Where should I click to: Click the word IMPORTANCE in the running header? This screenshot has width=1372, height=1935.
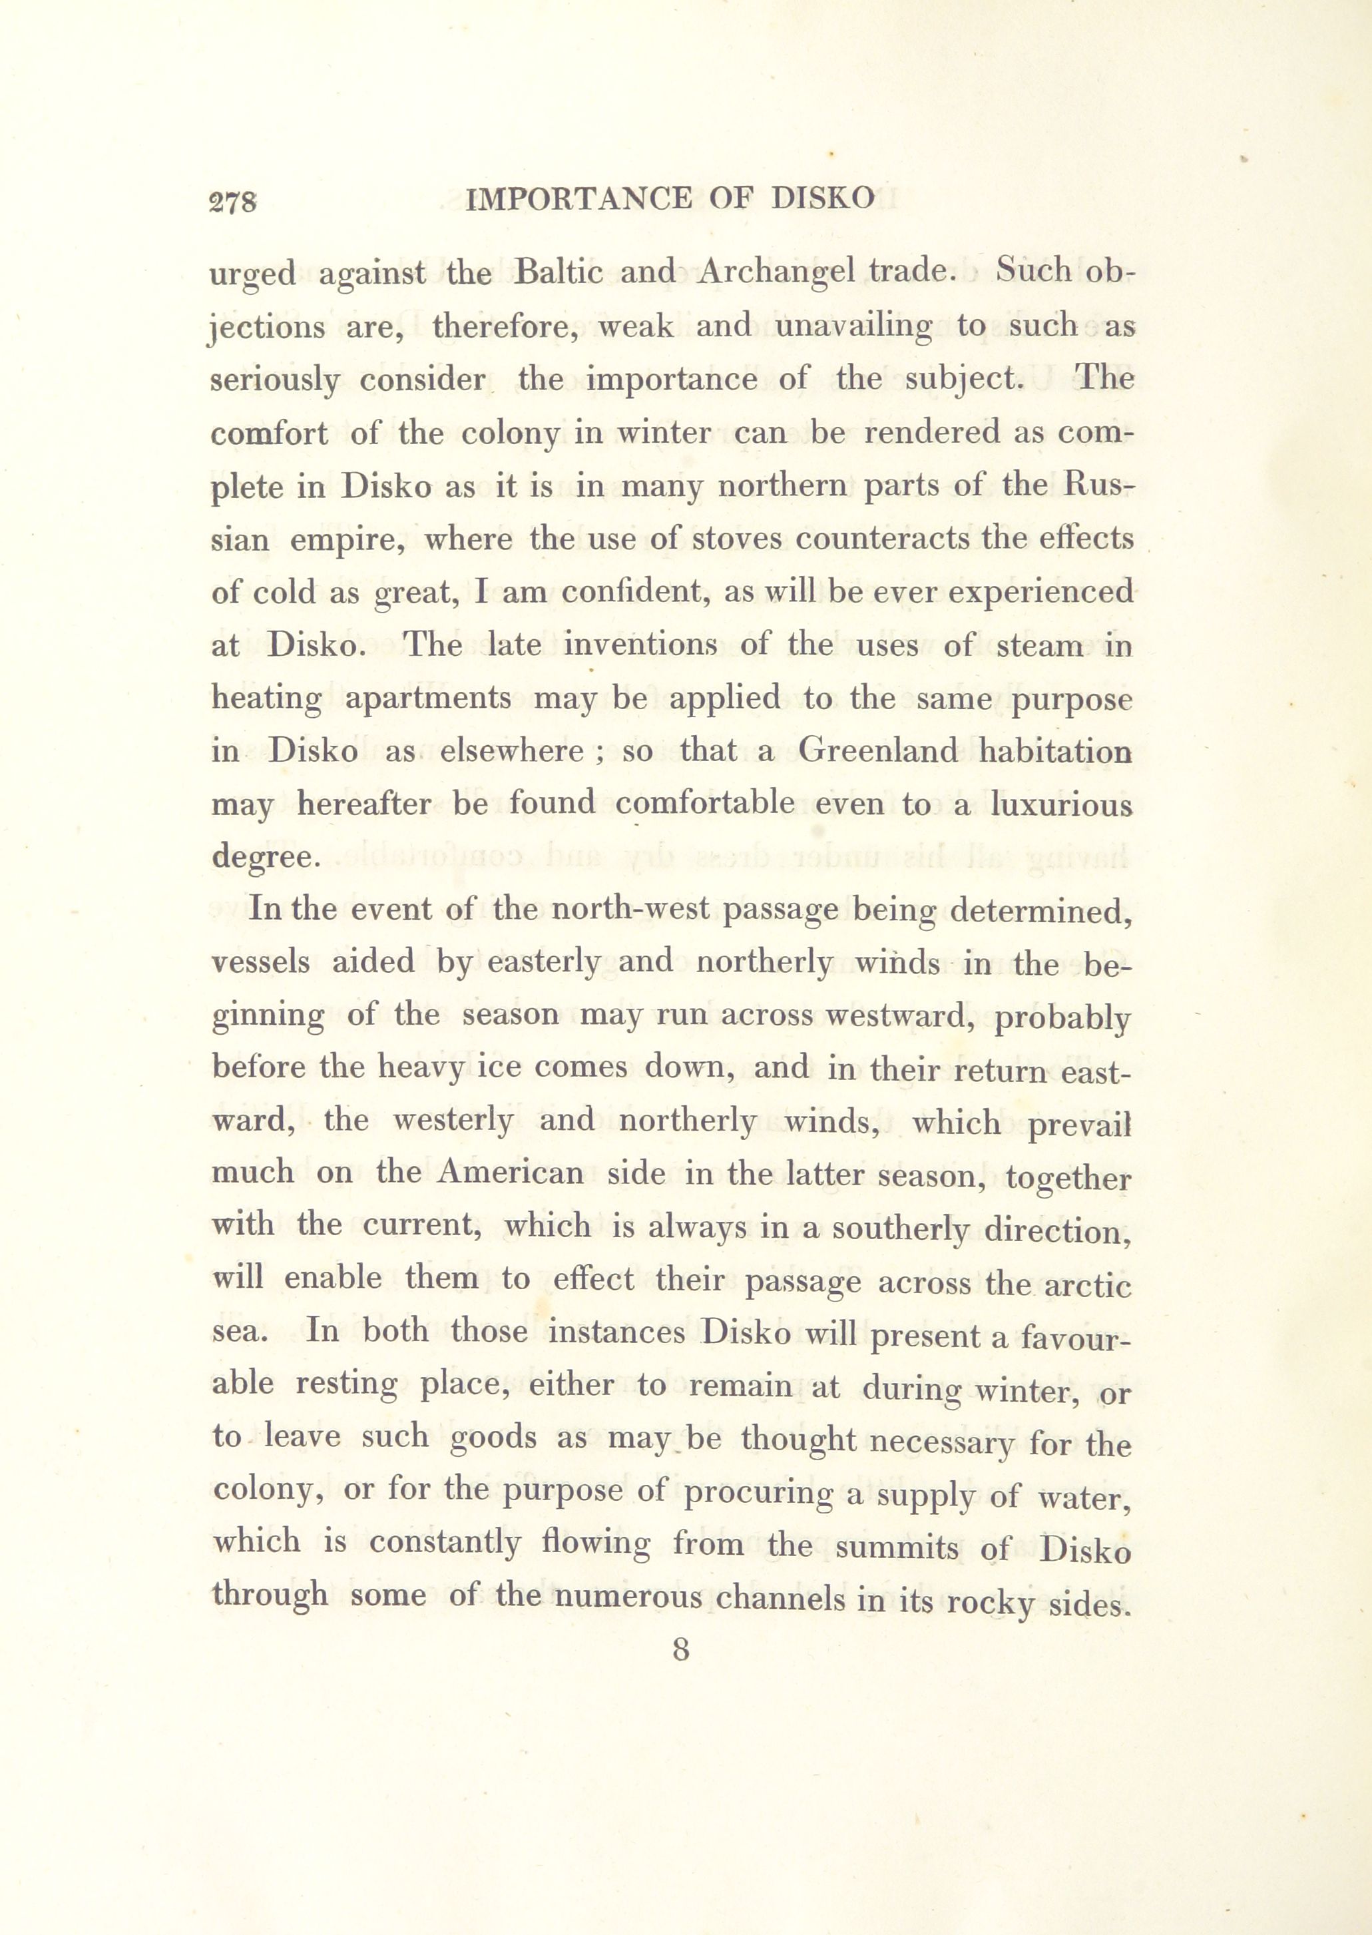578,199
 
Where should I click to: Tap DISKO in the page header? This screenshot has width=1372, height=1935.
823,199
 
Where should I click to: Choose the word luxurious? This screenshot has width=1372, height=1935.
1061,804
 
